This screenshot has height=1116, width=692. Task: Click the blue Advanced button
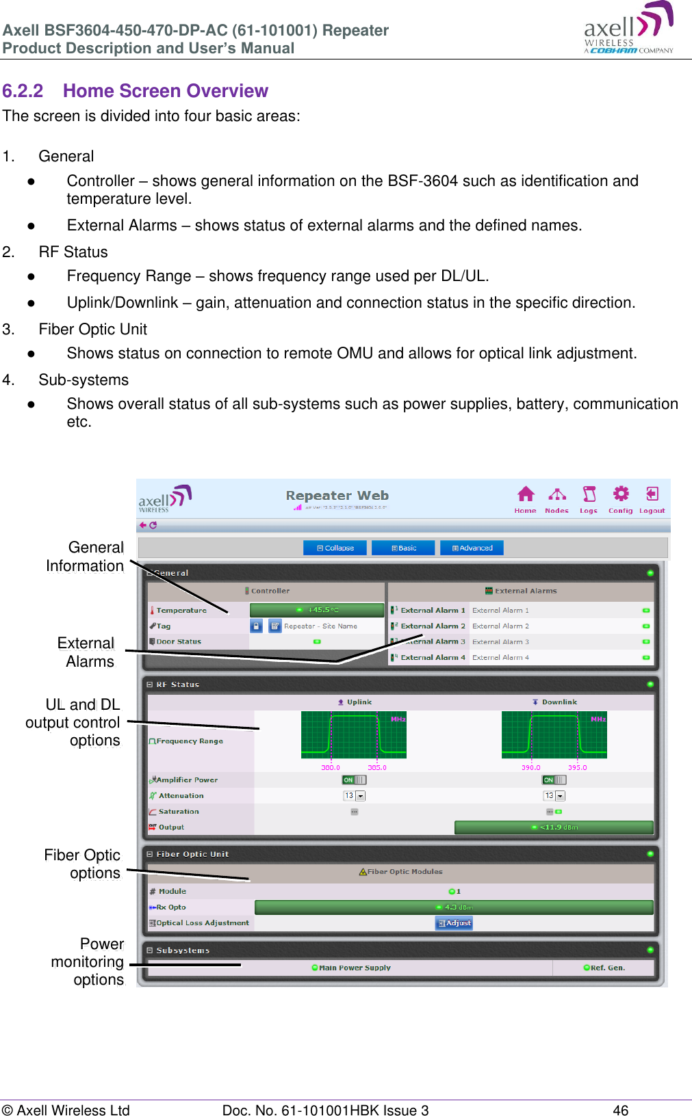[x=472, y=548]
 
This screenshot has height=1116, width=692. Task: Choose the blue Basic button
[x=403, y=548]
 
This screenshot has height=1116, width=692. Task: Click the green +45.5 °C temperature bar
[x=317, y=610]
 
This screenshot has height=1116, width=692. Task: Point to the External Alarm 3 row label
[x=433, y=641]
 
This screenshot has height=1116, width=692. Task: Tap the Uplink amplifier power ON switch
[x=354, y=780]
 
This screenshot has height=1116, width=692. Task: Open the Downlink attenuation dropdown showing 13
[x=554, y=796]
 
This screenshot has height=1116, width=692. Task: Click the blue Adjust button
[x=454, y=923]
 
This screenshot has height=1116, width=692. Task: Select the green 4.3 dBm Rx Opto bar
[x=454, y=907]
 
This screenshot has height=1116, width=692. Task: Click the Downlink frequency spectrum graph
[x=554, y=735]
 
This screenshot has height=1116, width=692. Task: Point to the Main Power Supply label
[x=354, y=968]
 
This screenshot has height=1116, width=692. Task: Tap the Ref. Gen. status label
[x=606, y=968]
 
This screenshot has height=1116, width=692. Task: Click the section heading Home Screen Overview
[x=165, y=91]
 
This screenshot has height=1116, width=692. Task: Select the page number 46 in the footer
[x=620, y=1110]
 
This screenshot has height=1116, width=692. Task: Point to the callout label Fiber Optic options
[x=82, y=864]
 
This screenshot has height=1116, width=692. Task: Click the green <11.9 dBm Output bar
[x=554, y=827]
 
